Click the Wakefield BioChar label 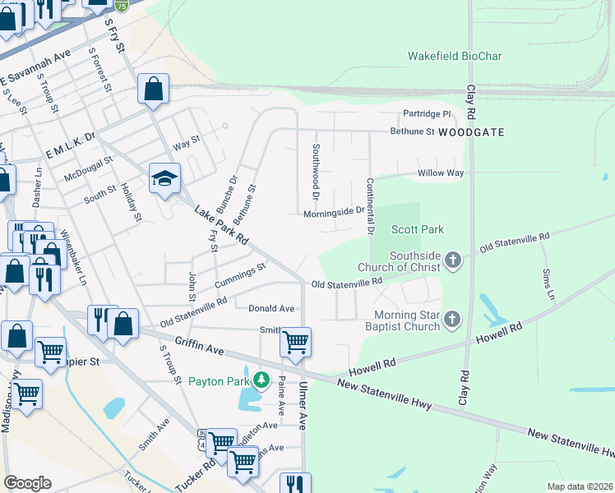pos(455,57)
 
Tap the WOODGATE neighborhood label pos(470,131)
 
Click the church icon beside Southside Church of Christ pos(452,261)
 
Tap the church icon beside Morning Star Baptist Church pos(452,320)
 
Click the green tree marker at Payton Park pos(261,380)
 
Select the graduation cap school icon pos(164,178)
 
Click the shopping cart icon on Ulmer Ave pos(295,340)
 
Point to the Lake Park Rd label pos(221,225)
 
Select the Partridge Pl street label pos(427,113)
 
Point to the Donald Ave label pos(271,308)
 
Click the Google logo pos(27,483)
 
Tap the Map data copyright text pos(580,486)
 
